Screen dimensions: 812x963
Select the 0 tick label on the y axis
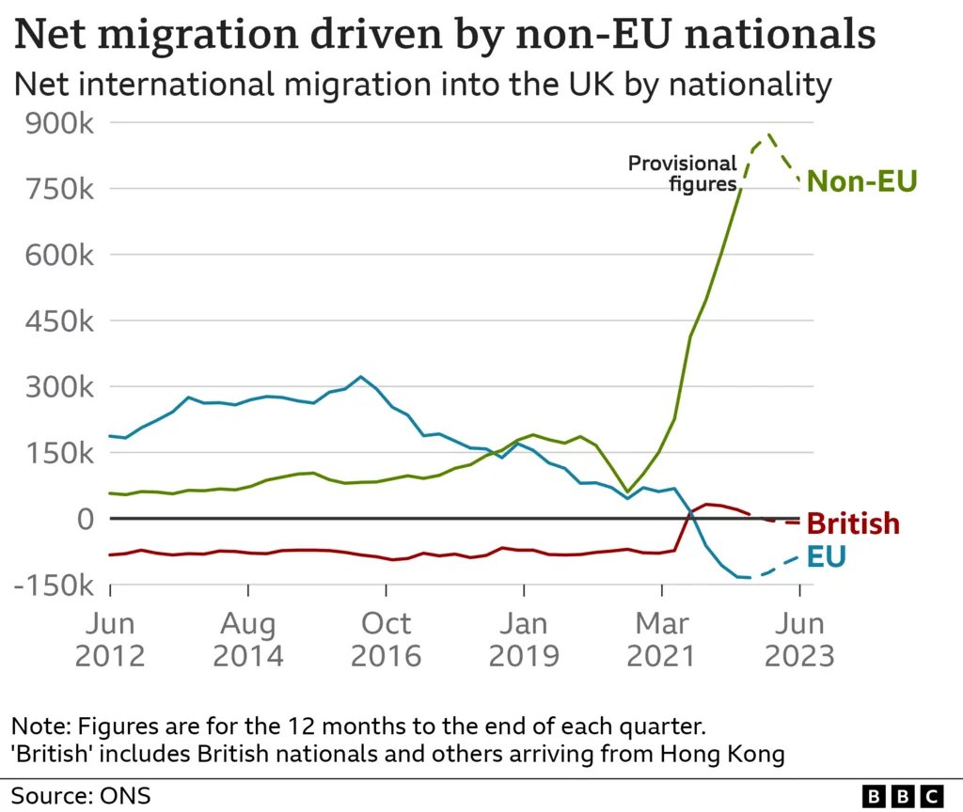tap(86, 519)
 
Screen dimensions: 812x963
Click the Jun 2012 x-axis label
tap(110, 639)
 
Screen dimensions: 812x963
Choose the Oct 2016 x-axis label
tap(386, 639)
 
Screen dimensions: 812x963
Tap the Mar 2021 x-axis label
tap(661, 639)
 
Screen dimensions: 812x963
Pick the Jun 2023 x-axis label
tap(799, 639)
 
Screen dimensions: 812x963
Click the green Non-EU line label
tap(861, 181)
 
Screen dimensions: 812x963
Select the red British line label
tap(853, 523)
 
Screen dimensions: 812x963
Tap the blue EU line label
tap(827, 557)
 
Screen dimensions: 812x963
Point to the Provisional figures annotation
tap(683, 174)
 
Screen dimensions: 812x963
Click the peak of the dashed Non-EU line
tap(770, 135)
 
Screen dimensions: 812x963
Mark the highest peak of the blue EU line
tap(361, 377)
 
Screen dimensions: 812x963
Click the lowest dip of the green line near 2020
tap(627, 491)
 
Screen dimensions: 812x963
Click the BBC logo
tap(902, 795)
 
